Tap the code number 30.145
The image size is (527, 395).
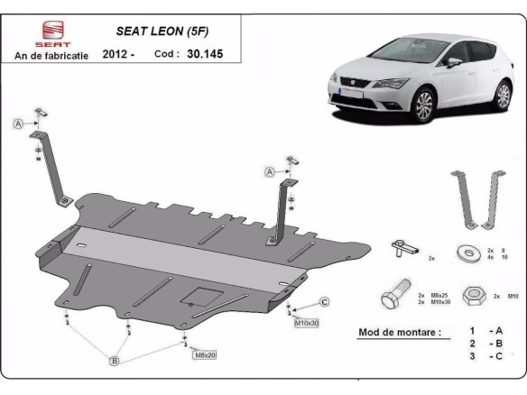click(x=206, y=54)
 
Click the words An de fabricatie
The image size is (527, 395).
click(x=51, y=56)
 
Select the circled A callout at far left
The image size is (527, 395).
click(x=18, y=124)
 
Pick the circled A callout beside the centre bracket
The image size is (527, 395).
click(x=269, y=171)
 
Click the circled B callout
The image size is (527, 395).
click(x=114, y=362)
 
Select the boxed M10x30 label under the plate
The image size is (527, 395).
click(x=306, y=321)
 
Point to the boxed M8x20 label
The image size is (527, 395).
click(x=204, y=354)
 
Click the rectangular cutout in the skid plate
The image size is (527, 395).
click(x=197, y=297)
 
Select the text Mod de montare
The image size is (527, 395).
click(x=400, y=332)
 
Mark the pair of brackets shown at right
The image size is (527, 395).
click(x=477, y=197)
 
